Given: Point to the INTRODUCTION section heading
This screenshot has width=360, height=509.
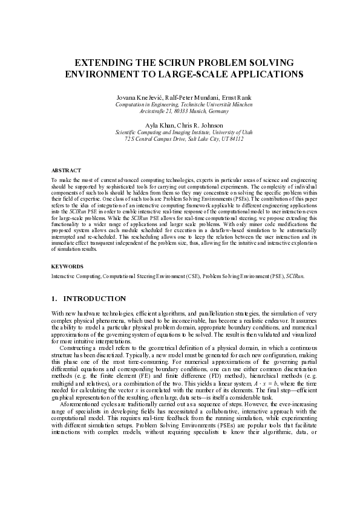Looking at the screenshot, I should pos(94,299).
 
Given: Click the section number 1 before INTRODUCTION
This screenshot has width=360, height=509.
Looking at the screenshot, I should pos(54,299).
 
